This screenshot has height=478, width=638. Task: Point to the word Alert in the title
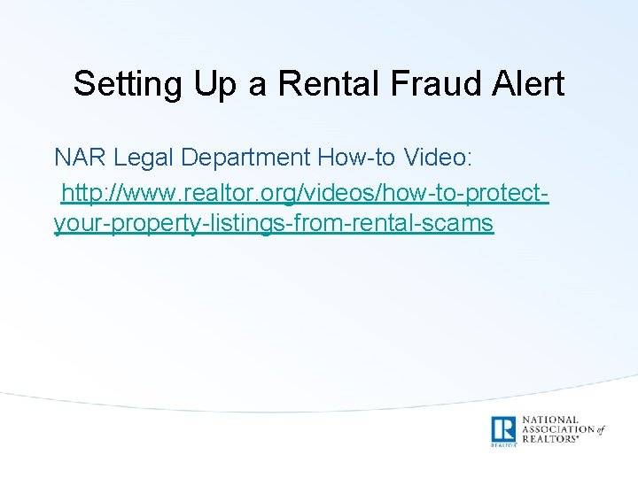pos(530,84)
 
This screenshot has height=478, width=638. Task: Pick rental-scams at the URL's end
pos(416,223)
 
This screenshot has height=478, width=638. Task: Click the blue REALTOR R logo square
pos(503,429)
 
